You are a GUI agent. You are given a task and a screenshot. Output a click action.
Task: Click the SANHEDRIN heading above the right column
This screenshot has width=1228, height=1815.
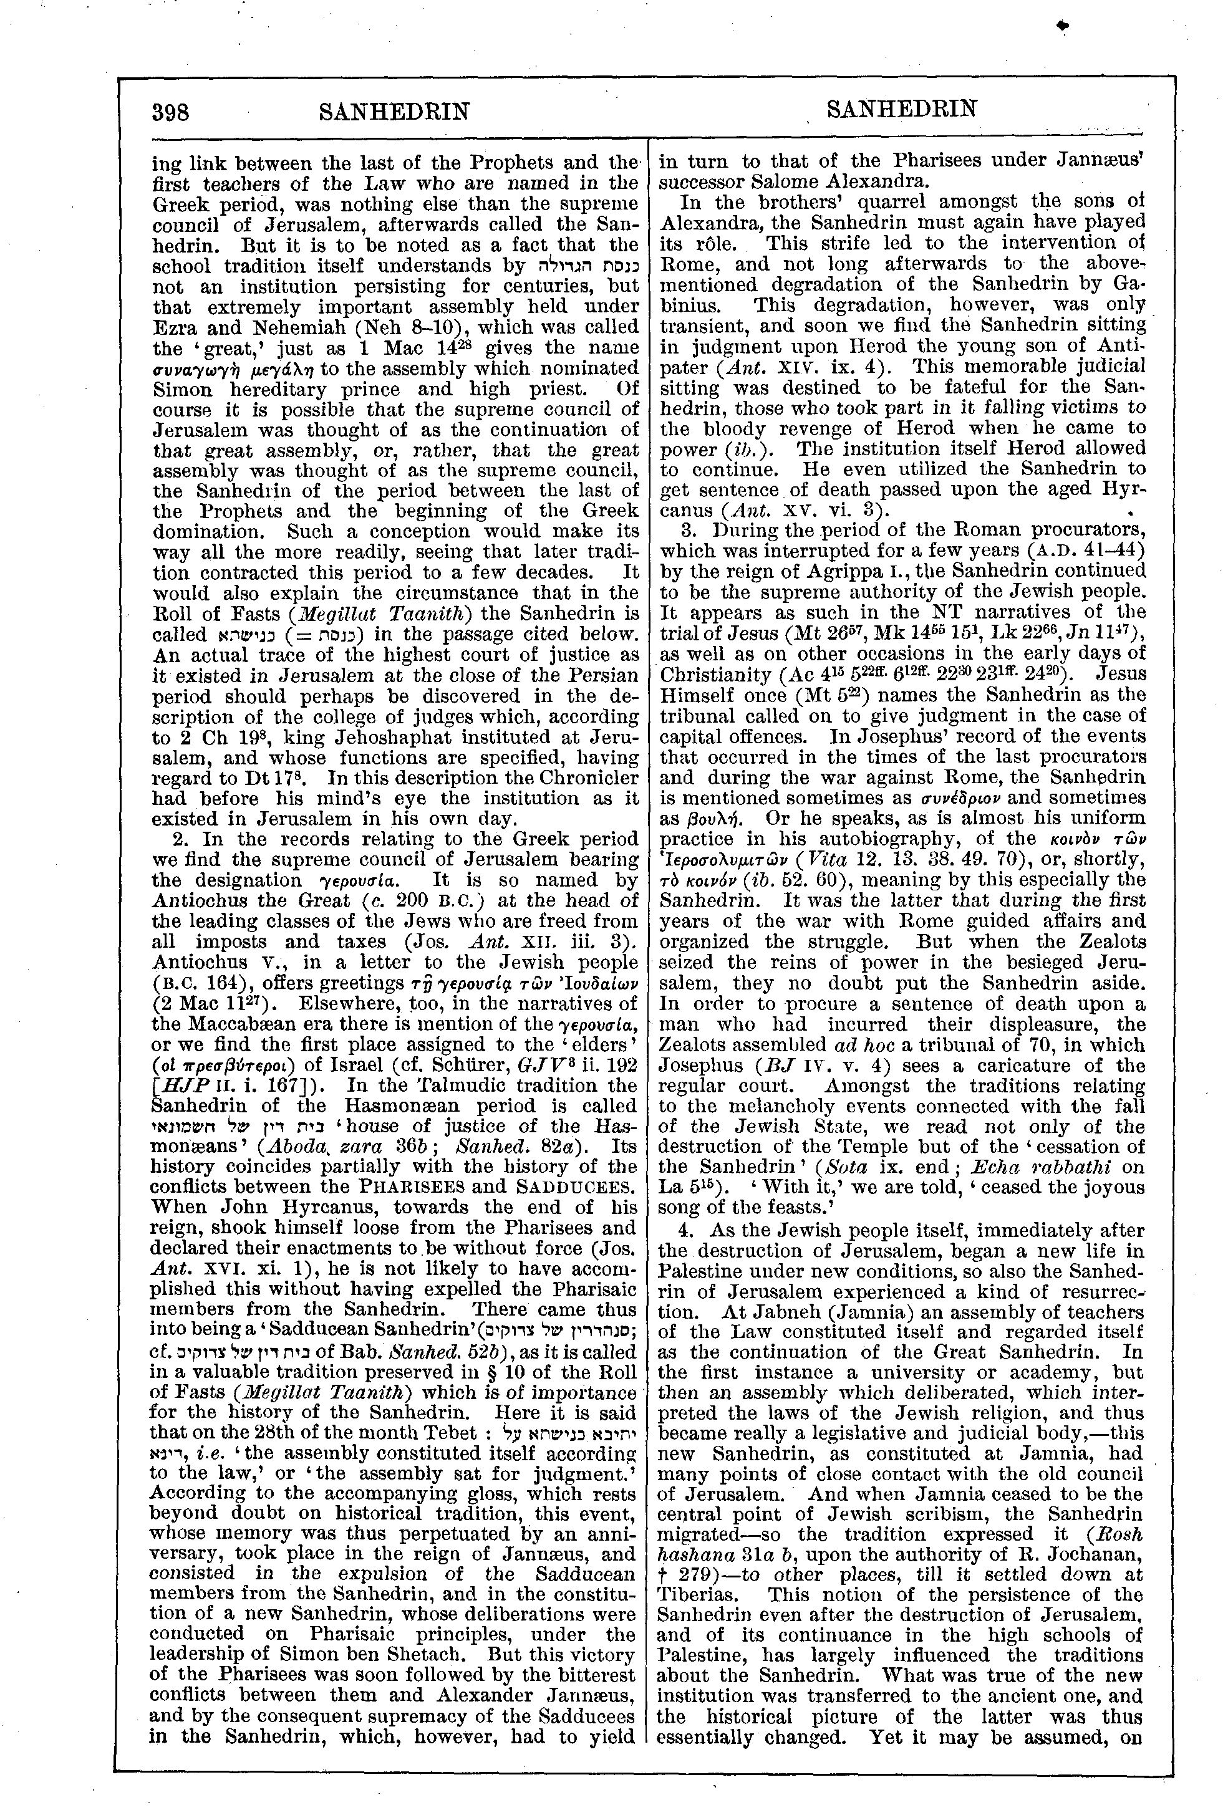tap(901, 108)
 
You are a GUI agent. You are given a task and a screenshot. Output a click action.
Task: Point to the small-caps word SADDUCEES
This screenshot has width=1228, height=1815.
tap(581, 1187)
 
